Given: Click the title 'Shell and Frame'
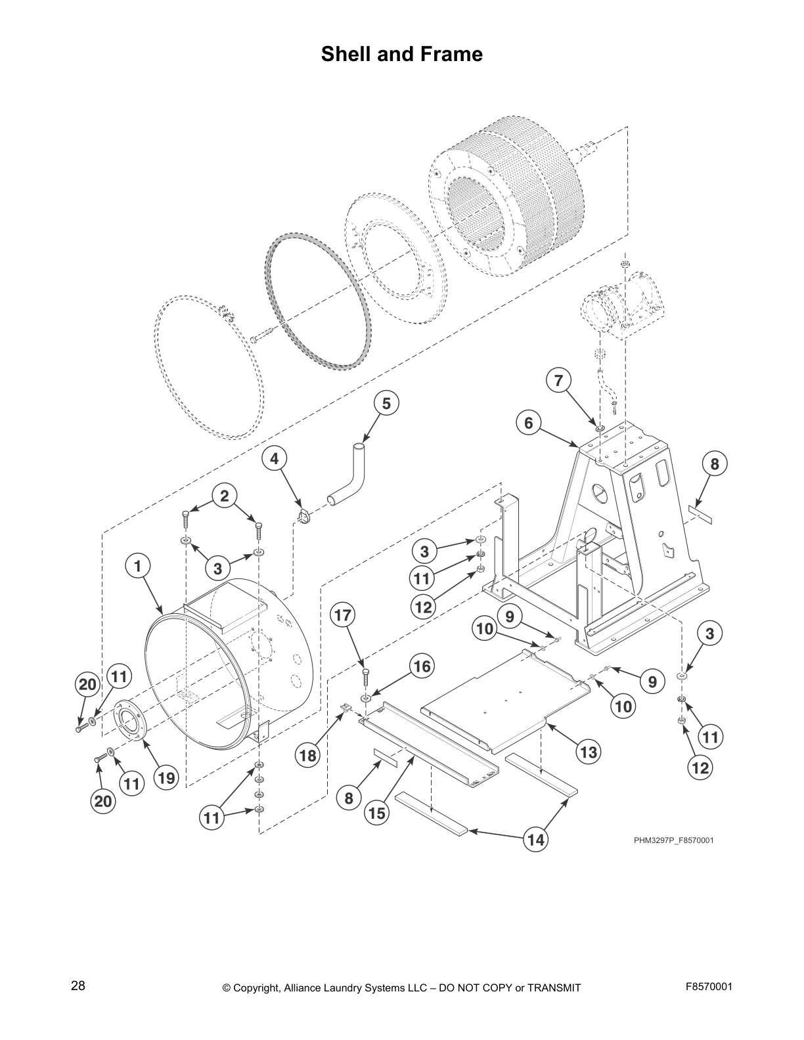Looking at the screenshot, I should click(401, 54).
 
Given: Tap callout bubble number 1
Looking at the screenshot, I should click(138, 565).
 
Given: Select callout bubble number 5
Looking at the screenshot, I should click(386, 403).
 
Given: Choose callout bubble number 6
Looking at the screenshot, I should click(529, 423).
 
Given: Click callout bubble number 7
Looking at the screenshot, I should click(558, 380).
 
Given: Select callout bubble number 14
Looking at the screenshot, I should click(536, 839).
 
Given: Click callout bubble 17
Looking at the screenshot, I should click(342, 615).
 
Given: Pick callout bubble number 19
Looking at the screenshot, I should click(166, 778).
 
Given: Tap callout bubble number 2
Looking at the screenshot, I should click(225, 496).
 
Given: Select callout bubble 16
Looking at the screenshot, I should click(422, 666).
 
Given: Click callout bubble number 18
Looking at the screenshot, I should click(308, 755).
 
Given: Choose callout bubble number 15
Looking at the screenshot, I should click(377, 813).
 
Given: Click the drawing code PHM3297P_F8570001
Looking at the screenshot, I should click(673, 840).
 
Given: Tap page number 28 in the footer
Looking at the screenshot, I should click(78, 986).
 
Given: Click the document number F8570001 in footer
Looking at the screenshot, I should click(709, 986).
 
